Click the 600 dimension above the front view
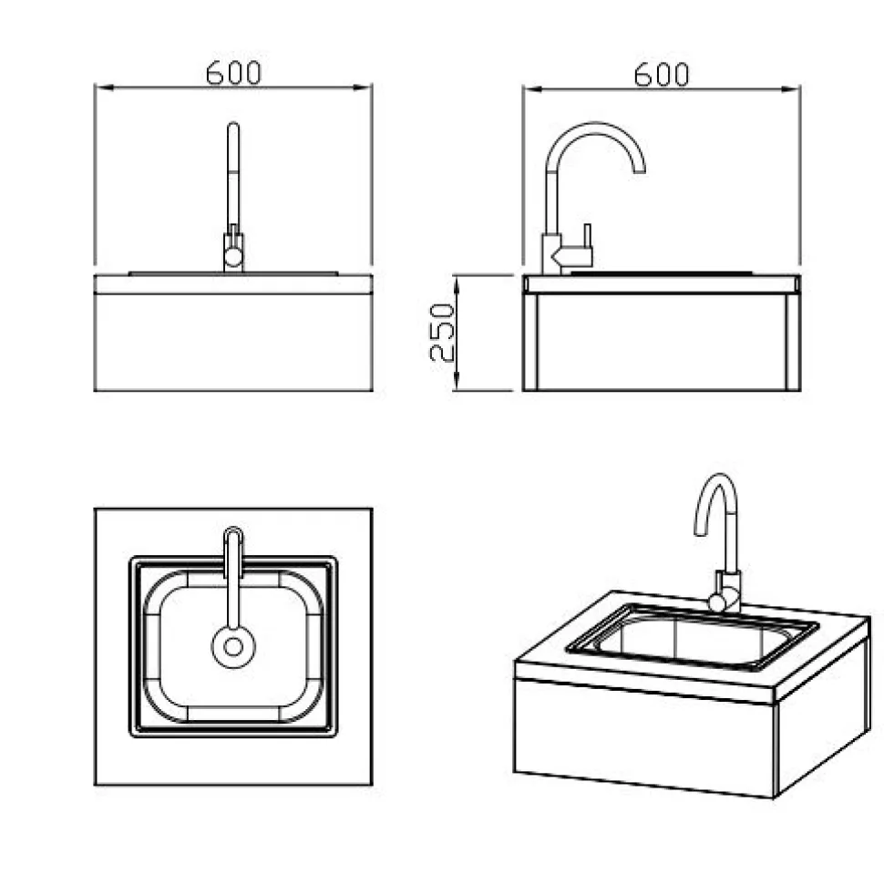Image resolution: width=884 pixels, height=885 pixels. click(x=233, y=73)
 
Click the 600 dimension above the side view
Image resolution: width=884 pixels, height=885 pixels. click(x=661, y=75)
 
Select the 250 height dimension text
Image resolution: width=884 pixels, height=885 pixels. click(x=442, y=333)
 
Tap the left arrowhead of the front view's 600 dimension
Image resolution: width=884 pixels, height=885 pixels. click(x=105, y=87)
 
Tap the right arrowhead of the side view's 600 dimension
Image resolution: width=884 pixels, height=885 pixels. click(x=790, y=89)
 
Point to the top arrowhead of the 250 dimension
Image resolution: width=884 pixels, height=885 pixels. click(x=457, y=285)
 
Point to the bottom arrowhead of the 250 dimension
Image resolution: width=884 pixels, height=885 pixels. click(x=457, y=380)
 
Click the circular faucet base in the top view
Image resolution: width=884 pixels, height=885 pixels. click(x=233, y=647)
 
